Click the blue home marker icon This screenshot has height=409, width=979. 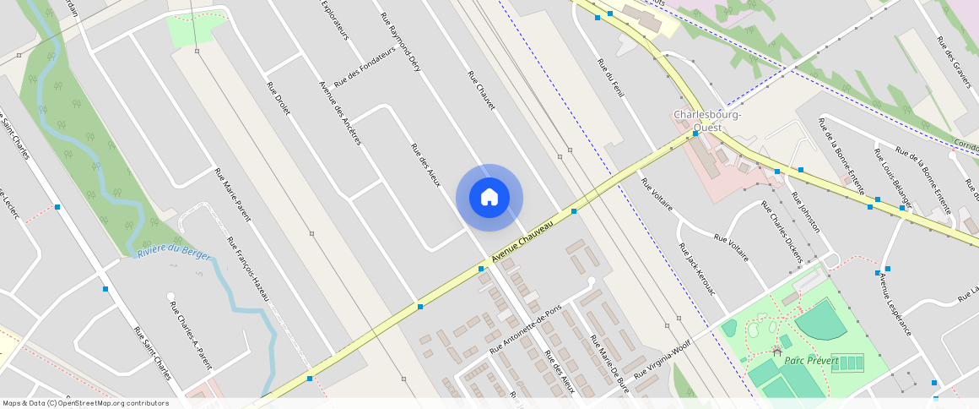[x=489, y=198]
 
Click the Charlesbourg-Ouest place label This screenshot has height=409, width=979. [x=707, y=121]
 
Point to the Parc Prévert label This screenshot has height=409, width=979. [x=811, y=361]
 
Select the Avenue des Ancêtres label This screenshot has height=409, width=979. [x=339, y=112]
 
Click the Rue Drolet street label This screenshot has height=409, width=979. [x=278, y=99]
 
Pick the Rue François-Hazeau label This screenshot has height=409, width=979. [x=247, y=269]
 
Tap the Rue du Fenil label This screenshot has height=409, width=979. [x=609, y=79]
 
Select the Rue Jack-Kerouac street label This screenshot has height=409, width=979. [x=696, y=269]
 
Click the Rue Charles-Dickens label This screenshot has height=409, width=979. [x=781, y=231]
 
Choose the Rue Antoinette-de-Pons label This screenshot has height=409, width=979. [x=525, y=328]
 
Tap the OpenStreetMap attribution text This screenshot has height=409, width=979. [x=86, y=403]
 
